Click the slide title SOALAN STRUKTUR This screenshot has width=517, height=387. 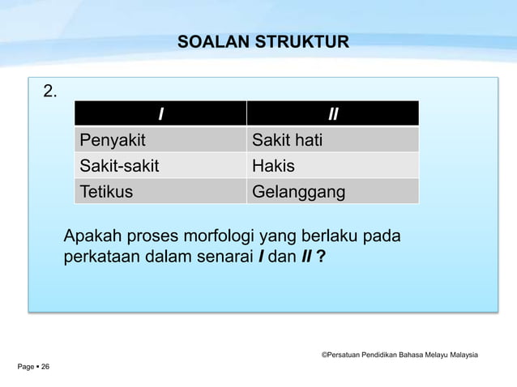point(263,41)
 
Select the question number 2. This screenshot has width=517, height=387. point(50,91)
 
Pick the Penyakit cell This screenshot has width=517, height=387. point(112,141)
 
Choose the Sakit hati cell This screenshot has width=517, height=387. point(287,141)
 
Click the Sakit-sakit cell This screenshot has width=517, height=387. point(119,167)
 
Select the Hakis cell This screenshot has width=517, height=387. point(273,167)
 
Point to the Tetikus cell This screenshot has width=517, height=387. point(106,193)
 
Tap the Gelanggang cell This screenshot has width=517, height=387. point(298,193)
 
